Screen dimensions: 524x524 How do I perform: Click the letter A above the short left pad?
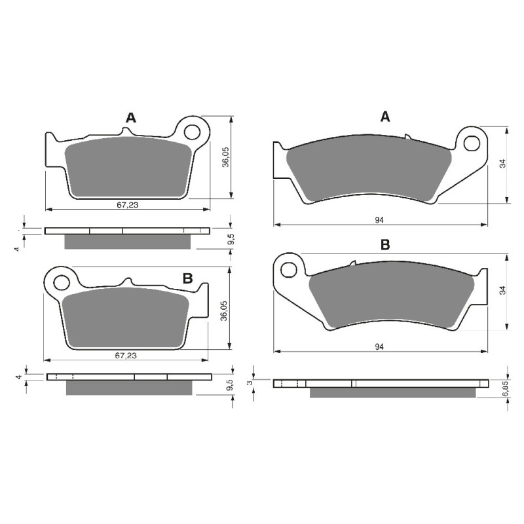pos(131,118)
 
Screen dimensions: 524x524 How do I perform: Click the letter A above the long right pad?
pos(386,117)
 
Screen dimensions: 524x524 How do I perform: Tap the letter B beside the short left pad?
pos(187,278)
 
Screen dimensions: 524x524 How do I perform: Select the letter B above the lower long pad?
pos(385,245)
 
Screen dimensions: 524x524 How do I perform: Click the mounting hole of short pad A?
pos(192,132)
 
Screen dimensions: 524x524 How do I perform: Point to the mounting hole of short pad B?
pos(62,283)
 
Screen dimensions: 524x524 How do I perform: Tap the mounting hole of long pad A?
pos(473,142)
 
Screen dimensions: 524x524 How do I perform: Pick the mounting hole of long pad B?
pos(289,269)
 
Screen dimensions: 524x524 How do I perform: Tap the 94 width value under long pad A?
pos(379,219)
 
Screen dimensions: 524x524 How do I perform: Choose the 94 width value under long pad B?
pos(379,346)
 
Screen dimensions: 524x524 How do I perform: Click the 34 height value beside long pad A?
pos(503,164)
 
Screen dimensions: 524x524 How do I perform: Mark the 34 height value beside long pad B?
pos(503,290)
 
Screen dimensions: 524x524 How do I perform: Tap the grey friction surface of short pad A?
pos(129,169)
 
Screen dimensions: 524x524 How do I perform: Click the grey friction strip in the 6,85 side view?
pos(392,392)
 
